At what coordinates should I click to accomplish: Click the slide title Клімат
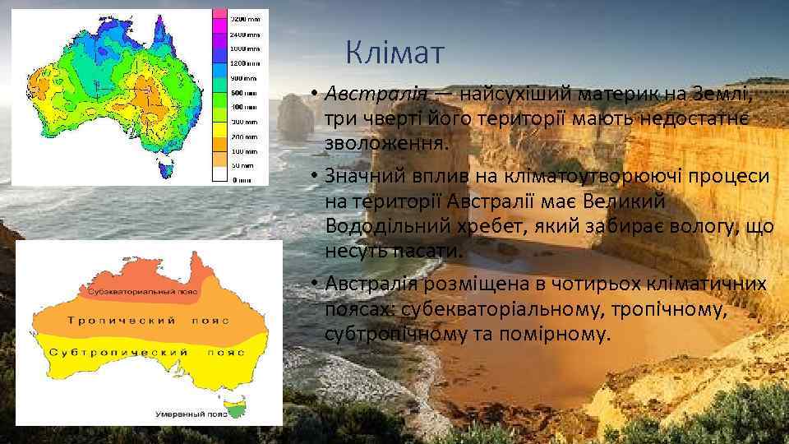394,53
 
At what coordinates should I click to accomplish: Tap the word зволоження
385,142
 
